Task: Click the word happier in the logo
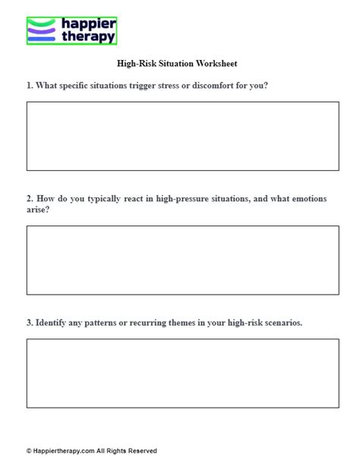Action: click(x=86, y=24)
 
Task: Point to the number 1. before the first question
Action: click(x=30, y=86)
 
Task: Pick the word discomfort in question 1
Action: click(x=219, y=86)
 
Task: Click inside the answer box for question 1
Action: click(x=182, y=136)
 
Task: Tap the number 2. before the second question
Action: click(x=30, y=199)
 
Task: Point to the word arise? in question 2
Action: click(x=39, y=210)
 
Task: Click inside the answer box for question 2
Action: click(x=182, y=260)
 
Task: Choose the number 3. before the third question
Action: click(x=30, y=323)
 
